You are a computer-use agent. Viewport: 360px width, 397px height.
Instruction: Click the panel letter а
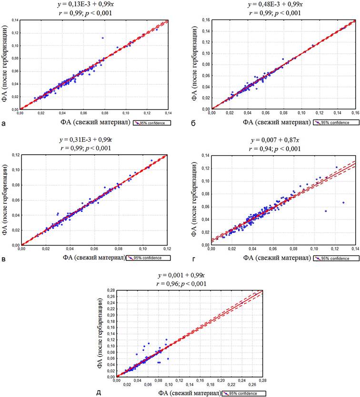tap(4, 125)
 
